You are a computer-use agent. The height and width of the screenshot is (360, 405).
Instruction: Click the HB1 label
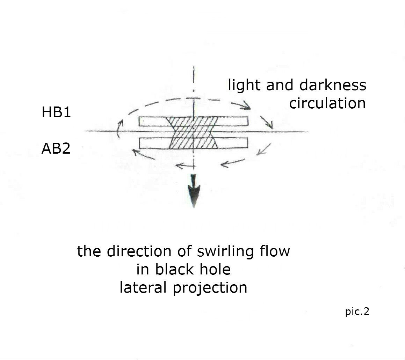pos(56,112)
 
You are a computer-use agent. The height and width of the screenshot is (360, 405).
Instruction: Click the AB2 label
pos(56,148)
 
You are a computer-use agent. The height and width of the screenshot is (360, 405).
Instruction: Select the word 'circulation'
pos(327,103)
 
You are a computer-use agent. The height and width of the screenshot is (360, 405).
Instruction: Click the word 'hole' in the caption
pos(215,269)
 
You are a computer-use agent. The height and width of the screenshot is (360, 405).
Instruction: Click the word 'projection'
pos(210,288)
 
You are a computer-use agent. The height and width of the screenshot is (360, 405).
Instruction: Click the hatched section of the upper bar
pos(193,122)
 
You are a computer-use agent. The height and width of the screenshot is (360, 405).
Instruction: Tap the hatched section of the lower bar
pos(193,143)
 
